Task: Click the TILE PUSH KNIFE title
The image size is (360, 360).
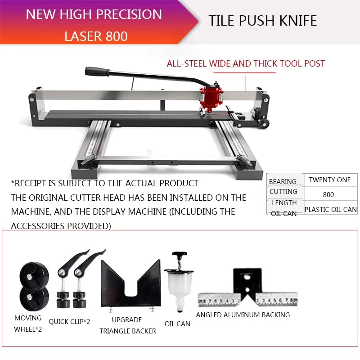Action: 263,21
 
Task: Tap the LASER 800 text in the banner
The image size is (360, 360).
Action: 96,36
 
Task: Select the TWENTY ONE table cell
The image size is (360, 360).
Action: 329,180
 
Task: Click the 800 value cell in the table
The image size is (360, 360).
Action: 328,194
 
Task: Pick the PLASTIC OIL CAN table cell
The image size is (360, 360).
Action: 330,209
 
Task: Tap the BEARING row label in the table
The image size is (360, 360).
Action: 283,181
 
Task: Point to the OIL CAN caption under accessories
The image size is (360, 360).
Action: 177,324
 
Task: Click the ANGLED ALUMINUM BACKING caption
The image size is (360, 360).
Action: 243,315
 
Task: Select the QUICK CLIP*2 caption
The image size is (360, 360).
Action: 69,321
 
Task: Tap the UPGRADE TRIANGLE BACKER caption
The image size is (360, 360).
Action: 127,325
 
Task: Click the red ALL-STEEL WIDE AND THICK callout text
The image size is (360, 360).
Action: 246,63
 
